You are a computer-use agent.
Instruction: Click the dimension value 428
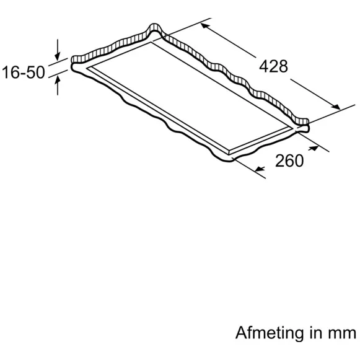[x=273, y=66]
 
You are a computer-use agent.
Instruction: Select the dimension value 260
[x=289, y=160]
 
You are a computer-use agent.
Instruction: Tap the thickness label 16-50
[x=23, y=72]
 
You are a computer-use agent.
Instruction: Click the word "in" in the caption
[x=316, y=333]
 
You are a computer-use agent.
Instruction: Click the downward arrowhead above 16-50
[x=58, y=56]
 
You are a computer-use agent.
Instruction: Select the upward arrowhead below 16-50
[x=58, y=81]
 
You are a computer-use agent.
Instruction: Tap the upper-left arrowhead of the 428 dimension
[x=205, y=26]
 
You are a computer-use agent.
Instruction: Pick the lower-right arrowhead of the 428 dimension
[x=336, y=107]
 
